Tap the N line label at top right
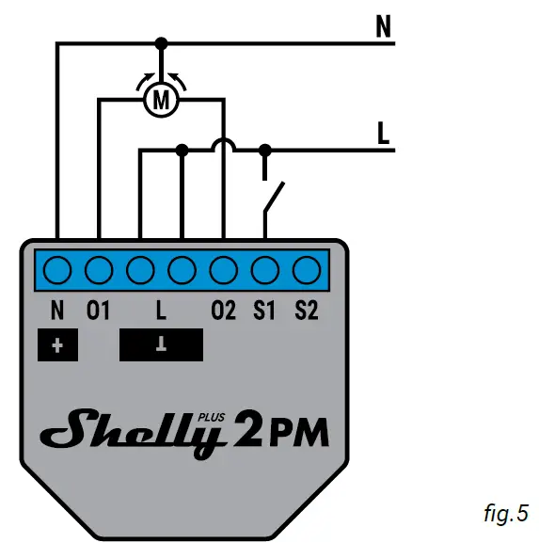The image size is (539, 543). (383, 28)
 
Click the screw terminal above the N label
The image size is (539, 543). (57, 271)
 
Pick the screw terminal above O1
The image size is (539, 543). (99, 271)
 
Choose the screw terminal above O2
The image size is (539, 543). (223, 271)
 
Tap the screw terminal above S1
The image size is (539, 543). (264, 271)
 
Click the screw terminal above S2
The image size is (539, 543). (306, 271)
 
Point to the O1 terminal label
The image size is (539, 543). (99, 310)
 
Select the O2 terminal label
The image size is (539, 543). (223, 310)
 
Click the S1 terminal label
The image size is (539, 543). (264, 310)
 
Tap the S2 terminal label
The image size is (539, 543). (306, 310)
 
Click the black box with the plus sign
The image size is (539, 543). (58, 345)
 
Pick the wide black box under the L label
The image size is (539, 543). (161, 345)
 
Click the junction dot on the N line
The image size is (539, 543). (162, 43)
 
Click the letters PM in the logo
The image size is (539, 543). (299, 435)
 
